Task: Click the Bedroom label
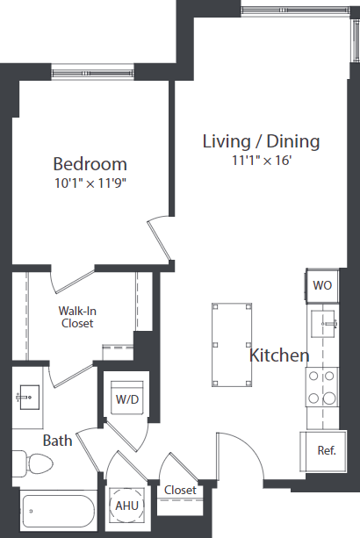pos(90,164)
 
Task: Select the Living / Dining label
pos(261,141)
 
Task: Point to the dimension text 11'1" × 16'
pos(261,161)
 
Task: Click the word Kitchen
pos(279,355)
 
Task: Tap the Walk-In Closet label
pos(76,317)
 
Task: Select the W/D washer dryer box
pos(127,399)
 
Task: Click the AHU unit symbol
pos(126,506)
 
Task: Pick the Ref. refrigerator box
pos(327,451)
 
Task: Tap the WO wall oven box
pos(322,285)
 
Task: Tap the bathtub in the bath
pos(57,510)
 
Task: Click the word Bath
pos(57,441)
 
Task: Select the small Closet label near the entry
pos(179,490)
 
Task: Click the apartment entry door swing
pos(241,456)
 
